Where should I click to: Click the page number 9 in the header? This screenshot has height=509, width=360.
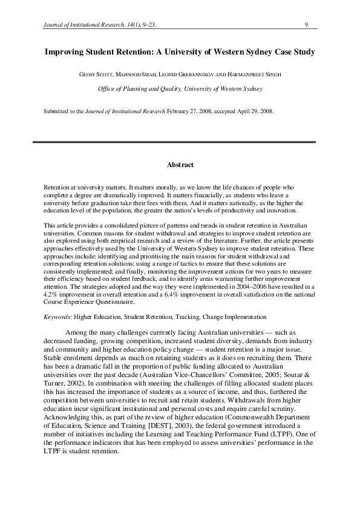click(307, 25)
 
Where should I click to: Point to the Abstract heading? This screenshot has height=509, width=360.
click(180, 163)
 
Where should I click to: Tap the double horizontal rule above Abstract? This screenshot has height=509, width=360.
click(180, 142)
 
